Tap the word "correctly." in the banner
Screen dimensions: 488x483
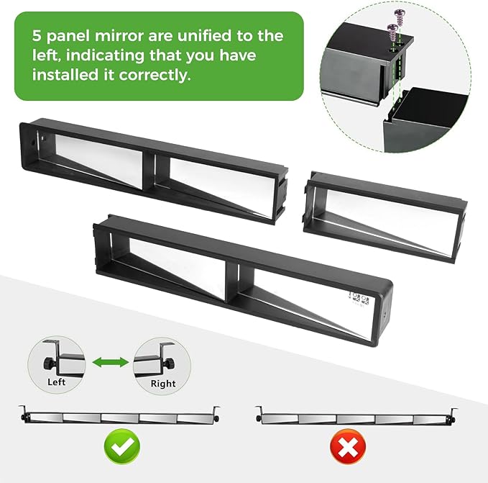pyautogui.click(x=155, y=75)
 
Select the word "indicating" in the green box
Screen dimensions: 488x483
pyautogui.click(x=105, y=55)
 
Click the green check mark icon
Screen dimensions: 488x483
pyautogui.click(x=122, y=446)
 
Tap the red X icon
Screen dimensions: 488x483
pyautogui.click(x=348, y=446)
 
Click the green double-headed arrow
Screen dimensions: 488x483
pyautogui.click(x=111, y=362)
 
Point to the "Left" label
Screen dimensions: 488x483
pyautogui.click(x=56, y=382)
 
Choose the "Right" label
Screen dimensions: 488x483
pyautogui.click(x=163, y=384)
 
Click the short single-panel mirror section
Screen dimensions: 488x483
pyautogui.click(x=385, y=217)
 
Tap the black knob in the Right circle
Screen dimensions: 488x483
pyautogui.click(x=170, y=364)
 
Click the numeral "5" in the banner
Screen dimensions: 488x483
pyautogui.click(x=37, y=36)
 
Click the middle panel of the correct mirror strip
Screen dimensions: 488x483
pyautogui.click(x=120, y=418)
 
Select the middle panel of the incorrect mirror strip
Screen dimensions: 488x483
pyautogui.click(x=356, y=419)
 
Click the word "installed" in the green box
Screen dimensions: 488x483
pyautogui.click(x=65, y=75)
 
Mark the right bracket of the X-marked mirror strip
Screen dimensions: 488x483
pyautogui.click(x=454, y=415)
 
